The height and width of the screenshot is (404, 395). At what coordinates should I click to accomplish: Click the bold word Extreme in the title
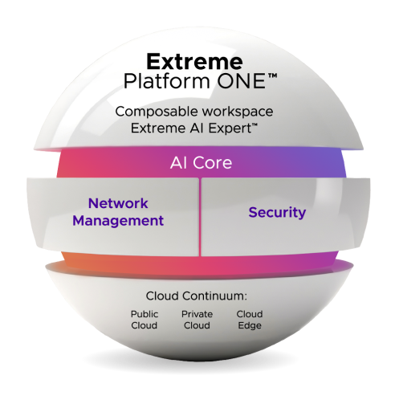194,62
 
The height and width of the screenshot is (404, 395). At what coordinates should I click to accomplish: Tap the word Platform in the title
166,81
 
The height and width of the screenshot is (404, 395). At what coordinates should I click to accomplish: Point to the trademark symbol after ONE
272,76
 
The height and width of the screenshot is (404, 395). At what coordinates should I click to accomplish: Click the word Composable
157,112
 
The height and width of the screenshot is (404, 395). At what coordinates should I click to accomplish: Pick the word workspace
238,112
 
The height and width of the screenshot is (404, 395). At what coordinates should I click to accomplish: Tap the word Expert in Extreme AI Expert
230,129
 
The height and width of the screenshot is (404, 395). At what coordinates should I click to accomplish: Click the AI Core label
201,163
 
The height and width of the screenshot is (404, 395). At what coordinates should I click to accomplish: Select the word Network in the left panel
118,203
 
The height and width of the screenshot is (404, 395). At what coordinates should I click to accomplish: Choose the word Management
118,221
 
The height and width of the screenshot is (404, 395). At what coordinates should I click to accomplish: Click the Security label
277,213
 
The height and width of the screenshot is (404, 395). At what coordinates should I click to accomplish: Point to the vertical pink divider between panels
200,217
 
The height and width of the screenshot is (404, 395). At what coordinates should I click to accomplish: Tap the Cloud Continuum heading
197,296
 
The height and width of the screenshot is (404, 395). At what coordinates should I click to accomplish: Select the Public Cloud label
145,320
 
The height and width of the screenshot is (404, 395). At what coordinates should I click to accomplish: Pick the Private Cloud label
197,320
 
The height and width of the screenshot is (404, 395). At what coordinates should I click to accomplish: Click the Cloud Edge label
250,320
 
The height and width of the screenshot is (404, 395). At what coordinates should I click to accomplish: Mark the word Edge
250,326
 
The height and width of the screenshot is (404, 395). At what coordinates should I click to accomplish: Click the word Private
197,314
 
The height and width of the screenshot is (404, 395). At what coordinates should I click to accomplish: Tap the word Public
145,314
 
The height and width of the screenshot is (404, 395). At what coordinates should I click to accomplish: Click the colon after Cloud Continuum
246,297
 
